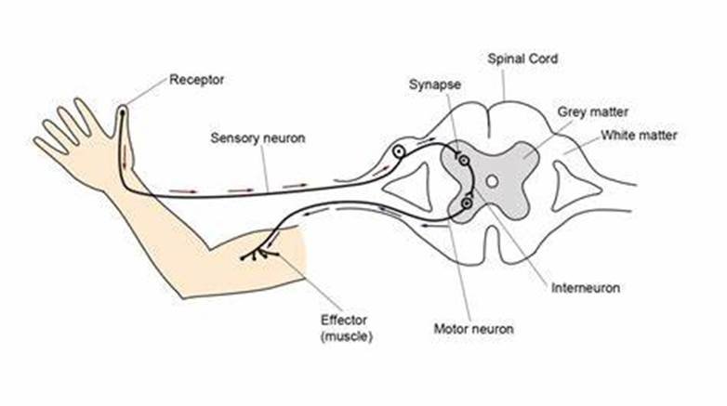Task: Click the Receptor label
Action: pos(196,80)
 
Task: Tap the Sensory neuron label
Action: pos(258,138)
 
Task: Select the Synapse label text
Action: pos(435,85)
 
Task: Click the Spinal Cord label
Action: pos(522,59)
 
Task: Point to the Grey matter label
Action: pos(592,111)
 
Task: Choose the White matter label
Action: pos(639,136)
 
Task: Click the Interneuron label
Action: pos(586,288)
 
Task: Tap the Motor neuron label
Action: pos(473,329)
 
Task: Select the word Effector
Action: pos(344,320)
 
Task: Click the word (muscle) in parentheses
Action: pos(347,336)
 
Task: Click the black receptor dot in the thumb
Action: pos(122,111)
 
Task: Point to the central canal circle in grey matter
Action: pos(493,181)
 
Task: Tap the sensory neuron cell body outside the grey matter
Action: pos(399,151)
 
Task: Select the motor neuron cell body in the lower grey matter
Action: pos(467,203)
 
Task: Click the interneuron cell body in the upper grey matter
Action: pos(464,161)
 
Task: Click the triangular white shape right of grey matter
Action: pos(574,186)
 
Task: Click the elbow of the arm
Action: pos(183,295)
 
